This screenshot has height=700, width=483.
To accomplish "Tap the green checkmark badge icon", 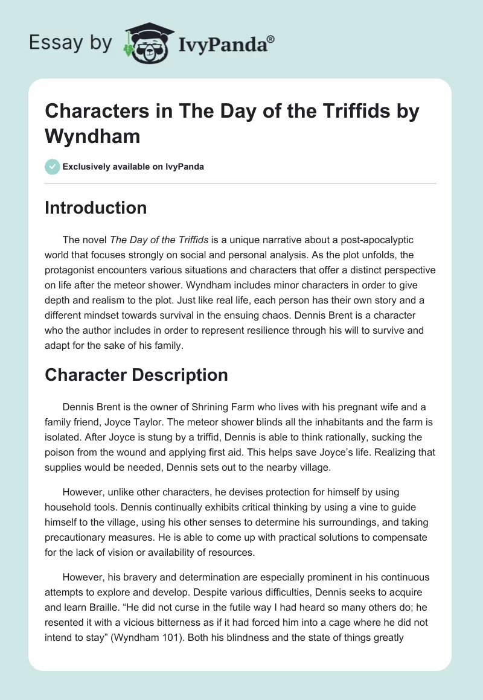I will point(53,167).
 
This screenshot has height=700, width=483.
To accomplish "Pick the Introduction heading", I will point(96,208).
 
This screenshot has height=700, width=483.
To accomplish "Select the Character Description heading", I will point(136,375).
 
